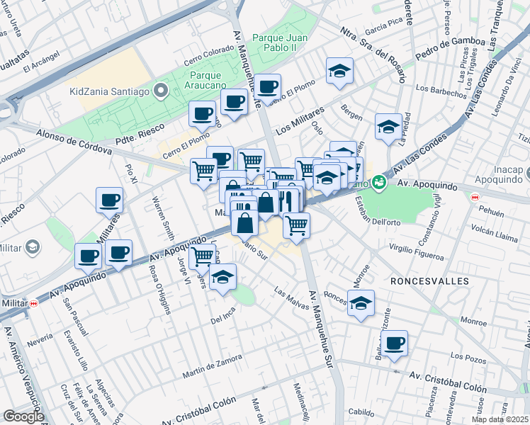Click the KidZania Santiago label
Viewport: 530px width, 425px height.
point(110,91)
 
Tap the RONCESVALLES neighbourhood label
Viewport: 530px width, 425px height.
point(429,281)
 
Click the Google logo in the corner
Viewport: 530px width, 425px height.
point(23,416)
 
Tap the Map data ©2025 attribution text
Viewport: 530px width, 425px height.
point(500,419)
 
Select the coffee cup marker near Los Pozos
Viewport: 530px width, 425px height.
point(395,344)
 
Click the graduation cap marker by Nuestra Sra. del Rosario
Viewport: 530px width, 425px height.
point(339,70)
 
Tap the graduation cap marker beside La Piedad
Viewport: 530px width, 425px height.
point(388,126)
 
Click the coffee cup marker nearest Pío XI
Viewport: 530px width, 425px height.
point(109,200)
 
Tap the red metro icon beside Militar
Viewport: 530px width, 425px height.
point(33,302)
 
